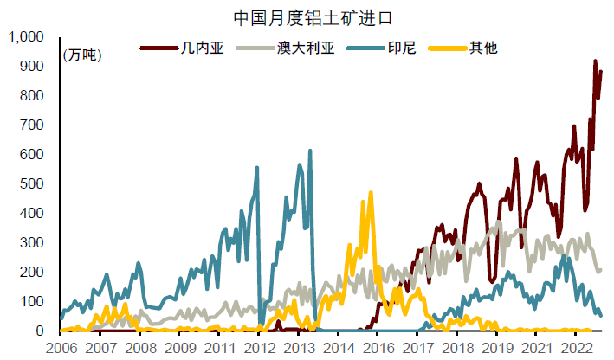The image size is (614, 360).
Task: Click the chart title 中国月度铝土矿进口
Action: pos(308,16)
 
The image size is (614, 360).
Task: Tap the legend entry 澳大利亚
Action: pos(307,48)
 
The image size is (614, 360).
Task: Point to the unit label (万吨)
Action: pos(82,55)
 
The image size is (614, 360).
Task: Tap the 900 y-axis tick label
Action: pos(33,67)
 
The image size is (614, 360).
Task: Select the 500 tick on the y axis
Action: pos(33,184)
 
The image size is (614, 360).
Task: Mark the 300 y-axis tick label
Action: pos(33,243)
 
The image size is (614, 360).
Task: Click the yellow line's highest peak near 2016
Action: pos(371,193)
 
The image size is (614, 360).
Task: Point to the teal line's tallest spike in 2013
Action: pos(310,151)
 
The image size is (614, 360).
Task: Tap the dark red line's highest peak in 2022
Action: pos(595,61)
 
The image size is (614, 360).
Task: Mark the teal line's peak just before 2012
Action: pos(257,168)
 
